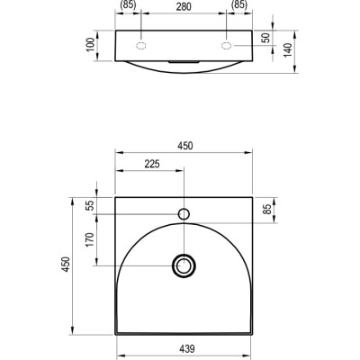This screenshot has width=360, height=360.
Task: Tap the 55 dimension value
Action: (x=89, y=206)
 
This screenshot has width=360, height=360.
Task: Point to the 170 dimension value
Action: (x=89, y=241)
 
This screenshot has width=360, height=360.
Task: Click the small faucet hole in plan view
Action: (x=184, y=214)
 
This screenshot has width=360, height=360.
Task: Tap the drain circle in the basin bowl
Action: (x=184, y=265)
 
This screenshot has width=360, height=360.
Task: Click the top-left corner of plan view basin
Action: (x=116, y=197)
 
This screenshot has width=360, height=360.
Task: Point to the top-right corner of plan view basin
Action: (x=253, y=197)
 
